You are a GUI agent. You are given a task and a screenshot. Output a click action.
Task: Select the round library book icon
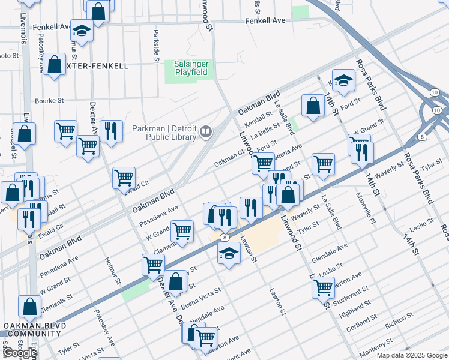pyautogui.click(x=206, y=131)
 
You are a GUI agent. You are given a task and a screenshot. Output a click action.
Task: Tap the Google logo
pyautogui.click(x=19, y=353)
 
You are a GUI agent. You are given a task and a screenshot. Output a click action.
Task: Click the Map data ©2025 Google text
pyautogui.click(x=411, y=355)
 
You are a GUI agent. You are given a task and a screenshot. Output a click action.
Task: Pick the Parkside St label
pyautogui.click(x=156, y=46)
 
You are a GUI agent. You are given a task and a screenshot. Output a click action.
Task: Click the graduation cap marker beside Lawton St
pyautogui.click(x=229, y=254)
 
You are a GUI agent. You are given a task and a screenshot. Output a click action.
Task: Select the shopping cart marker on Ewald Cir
pyautogui.click(x=124, y=177)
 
